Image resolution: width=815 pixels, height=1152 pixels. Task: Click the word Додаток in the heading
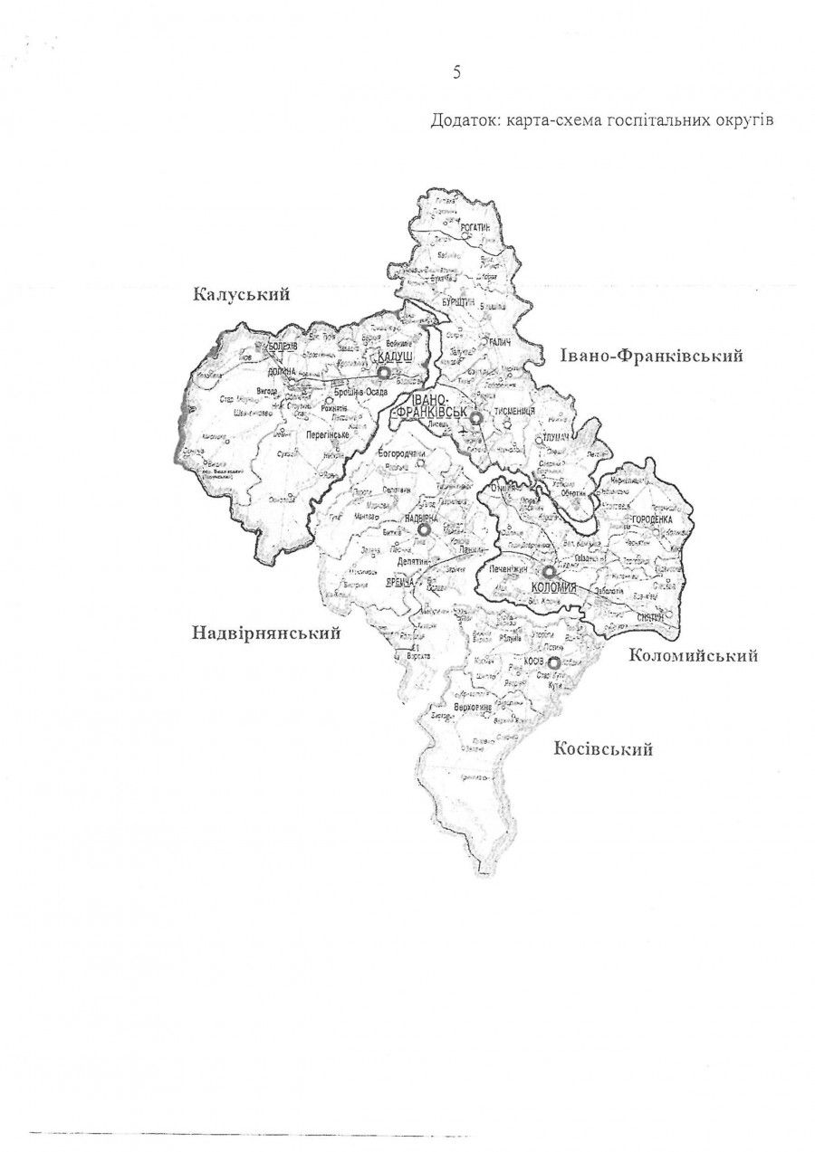pos(461,121)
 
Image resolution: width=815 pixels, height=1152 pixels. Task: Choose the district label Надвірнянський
pos(266,633)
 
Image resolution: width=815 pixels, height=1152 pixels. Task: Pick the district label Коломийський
pos(693,656)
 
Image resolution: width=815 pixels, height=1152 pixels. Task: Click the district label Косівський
pos(603,748)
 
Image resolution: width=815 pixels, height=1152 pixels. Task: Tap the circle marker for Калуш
pos(383,372)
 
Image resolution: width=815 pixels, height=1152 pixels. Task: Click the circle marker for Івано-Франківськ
pos(475,418)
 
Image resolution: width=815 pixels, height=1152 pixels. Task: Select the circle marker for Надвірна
pos(422,532)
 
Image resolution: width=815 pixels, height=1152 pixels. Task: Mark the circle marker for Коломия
pos(549,572)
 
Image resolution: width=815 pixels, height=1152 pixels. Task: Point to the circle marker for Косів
pos(554,662)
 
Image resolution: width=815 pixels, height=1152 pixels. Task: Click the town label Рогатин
pos(475,230)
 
